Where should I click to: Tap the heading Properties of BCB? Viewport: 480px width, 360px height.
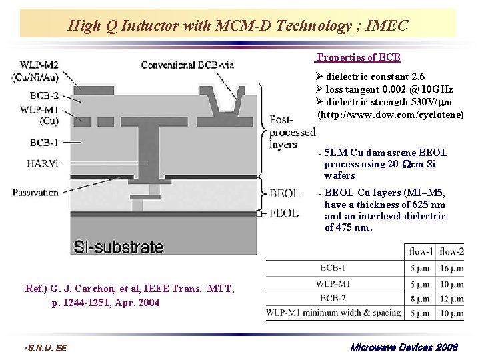tap(359, 57)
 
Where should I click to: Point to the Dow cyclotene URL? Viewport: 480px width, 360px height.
tap(390, 115)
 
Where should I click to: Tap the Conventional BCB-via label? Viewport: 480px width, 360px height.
tap(187, 65)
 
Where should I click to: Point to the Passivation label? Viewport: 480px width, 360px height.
tap(35, 193)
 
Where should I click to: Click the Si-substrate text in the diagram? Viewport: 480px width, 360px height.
tap(119, 247)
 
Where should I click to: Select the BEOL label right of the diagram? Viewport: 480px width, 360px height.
tap(284, 193)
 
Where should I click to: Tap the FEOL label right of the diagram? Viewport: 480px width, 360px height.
tap(284, 213)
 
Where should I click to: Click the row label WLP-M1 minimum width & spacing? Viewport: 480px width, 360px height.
tap(334, 312)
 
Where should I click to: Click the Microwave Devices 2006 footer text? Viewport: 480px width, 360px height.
tap(404, 347)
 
